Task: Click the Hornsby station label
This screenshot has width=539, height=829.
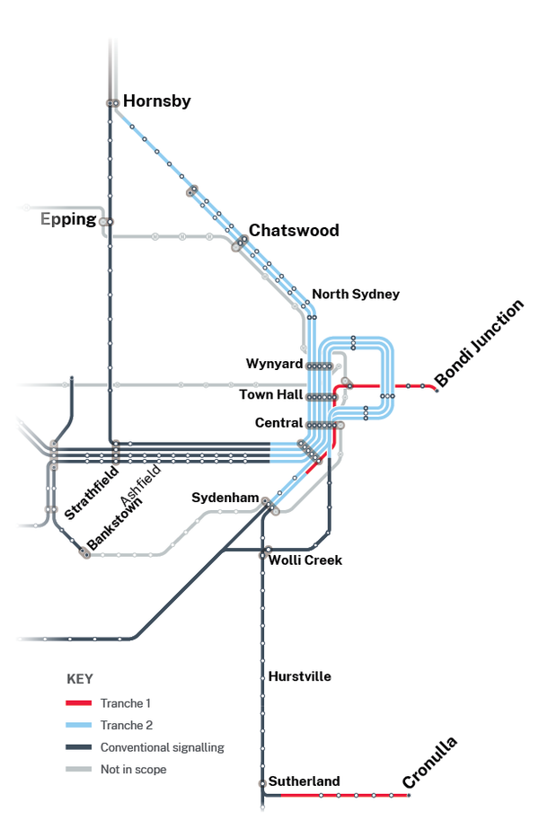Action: click(x=156, y=101)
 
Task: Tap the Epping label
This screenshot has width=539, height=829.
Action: click(x=68, y=219)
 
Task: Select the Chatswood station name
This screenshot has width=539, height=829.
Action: click(x=294, y=231)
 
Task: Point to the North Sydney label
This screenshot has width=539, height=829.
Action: click(x=356, y=295)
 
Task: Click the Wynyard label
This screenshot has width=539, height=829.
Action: click(x=273, y=364)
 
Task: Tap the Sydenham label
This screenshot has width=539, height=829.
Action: click(x=225, y=498)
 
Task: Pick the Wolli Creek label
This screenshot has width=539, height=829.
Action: click(x=306, y=560)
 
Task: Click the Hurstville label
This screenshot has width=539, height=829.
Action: click(x=299, y=676)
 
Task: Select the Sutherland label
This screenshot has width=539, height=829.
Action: click(x=304, y=781)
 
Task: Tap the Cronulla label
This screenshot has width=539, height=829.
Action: click(x=429, y=763)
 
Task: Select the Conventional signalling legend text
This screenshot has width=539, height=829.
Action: click(x=162, y=747)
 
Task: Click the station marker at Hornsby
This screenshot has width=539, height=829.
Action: click(x=113, y=103)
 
